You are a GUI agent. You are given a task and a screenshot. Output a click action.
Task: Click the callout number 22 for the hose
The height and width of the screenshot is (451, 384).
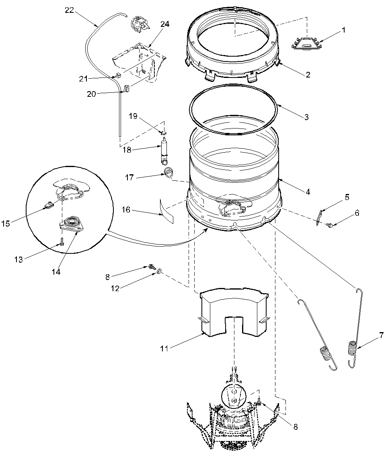69,10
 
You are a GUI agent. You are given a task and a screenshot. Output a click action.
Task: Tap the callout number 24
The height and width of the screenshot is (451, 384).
165,24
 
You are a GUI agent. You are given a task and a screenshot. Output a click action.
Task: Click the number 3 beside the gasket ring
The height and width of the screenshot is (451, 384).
306,118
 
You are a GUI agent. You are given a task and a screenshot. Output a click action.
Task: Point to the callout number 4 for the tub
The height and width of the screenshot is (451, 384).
307,192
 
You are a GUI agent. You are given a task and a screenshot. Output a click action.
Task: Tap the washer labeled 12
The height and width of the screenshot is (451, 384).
160,272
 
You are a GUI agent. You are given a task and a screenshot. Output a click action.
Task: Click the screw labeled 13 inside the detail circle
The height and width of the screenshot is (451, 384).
62,242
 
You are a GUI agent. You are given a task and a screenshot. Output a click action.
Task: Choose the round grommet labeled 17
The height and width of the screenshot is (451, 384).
170,173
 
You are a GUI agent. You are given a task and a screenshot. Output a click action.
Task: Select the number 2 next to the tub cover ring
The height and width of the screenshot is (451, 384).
307,75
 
